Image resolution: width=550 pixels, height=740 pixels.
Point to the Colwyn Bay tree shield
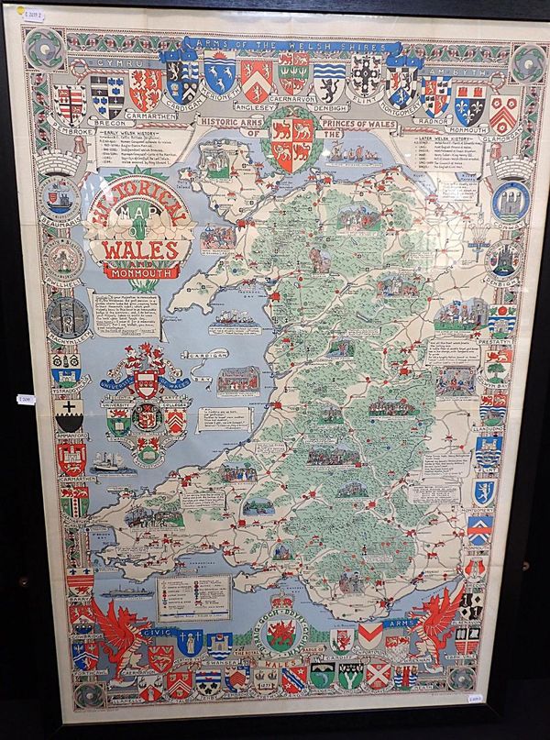tap(496, 369)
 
